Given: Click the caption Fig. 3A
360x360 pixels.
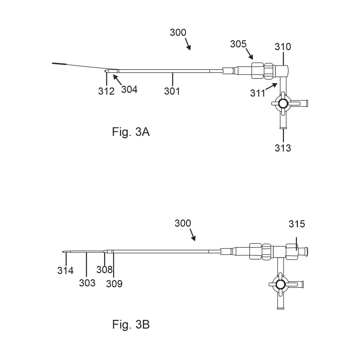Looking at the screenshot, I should (x=131, y=132).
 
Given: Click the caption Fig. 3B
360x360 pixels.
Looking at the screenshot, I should (x=131, y=325).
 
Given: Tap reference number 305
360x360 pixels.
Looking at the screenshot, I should (x=238, y=44).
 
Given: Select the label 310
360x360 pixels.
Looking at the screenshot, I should (x=283, y=47).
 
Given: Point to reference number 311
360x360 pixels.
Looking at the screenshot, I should (x=257, y=94).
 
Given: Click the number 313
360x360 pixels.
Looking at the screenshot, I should (x=283, y=148).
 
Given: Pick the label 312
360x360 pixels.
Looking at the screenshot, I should (x=106, y=91).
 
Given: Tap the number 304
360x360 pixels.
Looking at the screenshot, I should (x=129, y=89).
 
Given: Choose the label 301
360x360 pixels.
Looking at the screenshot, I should (x=172, y=91).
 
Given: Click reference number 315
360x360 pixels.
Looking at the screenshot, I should (x=297, y=224).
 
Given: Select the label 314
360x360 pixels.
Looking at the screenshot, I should (x=66, y=270).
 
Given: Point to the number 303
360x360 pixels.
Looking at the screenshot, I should (x=87, y=283).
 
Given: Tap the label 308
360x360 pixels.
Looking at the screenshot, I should (x=104, y=269).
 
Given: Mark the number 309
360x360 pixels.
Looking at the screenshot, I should (x=114, y=284).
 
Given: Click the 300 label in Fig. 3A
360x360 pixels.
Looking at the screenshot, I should (x=178, y=32).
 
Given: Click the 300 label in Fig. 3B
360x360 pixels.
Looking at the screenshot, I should (x=183, y=223).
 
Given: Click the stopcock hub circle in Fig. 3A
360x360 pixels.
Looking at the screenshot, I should (x=283, y=104).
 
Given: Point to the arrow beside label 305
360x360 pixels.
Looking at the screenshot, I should (x=249, y=55).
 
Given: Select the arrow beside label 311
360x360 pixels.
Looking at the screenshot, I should (x=273, y=86).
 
